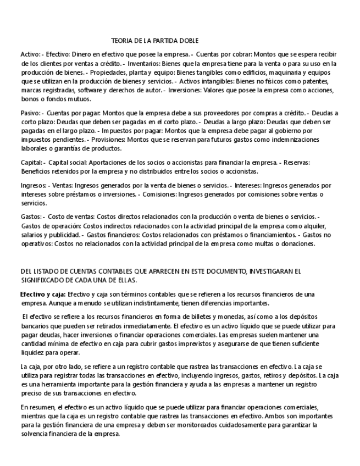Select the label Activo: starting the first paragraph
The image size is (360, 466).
[x=30, y=55]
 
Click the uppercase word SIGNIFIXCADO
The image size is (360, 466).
[x=44, y=279]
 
